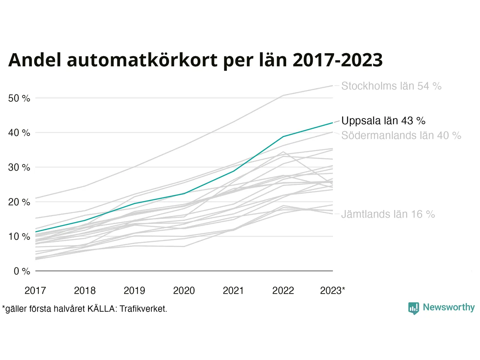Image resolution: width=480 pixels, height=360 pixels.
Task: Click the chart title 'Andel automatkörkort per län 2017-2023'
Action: (x=195, y=60)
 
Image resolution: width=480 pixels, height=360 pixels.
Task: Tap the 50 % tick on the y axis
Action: (x=19, y=98)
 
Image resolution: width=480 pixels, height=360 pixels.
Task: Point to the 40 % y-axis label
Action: (x=19, y=133)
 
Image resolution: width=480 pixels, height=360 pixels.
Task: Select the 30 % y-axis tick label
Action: (x=19, y=167)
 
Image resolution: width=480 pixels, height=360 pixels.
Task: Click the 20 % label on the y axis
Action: (x=19, y=202)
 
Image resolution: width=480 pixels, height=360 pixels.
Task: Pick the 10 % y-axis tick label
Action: (x=19, y=237)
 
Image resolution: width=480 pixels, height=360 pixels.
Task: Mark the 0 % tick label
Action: (x=22, y=271)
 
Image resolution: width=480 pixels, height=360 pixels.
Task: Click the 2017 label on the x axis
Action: (x=35, y=291)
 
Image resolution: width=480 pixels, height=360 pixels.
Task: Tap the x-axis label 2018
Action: (x=85, y=291)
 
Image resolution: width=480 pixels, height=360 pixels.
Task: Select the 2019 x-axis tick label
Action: (x=134, y=291)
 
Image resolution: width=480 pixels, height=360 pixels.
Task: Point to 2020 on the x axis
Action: (x=184, y=291)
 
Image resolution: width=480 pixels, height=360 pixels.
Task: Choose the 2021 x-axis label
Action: (x=233, y=291)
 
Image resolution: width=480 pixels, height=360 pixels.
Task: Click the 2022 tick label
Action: (x=283, y=291)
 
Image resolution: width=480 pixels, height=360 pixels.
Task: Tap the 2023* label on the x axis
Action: (x=332, y=291)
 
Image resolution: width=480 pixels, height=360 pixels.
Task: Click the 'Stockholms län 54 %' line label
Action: (x=391, y=86)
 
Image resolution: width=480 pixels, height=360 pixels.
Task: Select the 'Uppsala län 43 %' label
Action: (x=383, y=121)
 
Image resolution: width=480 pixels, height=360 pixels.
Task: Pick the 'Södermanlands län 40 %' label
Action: (x=401, y=135)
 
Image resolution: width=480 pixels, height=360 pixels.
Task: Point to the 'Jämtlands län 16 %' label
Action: (x=388, y=214)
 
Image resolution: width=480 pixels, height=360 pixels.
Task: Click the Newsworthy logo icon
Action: (x=413, y=308)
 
